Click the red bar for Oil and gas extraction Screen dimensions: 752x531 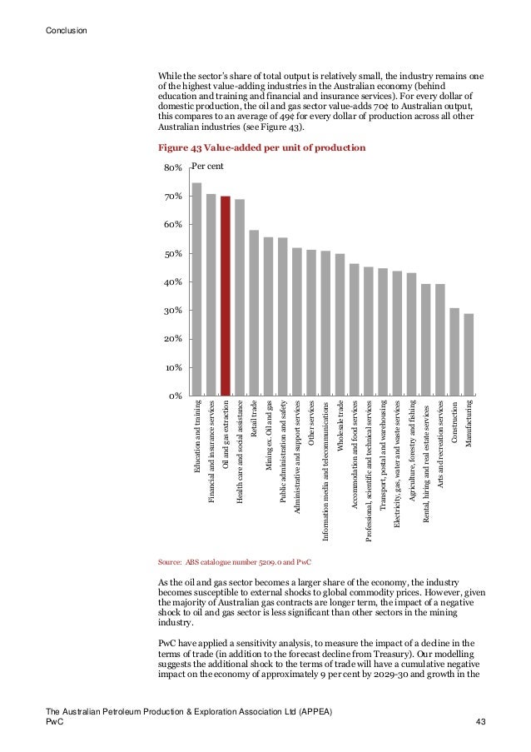tap(226, 296)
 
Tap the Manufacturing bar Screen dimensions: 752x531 tap(469, 354)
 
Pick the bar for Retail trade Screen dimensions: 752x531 tap(254, 312)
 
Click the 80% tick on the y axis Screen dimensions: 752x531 tap(172, 168)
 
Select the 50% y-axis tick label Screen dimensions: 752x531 tap(172, 254)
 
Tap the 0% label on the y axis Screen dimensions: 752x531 tap(175, 396)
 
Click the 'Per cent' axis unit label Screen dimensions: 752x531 tap(208, 167)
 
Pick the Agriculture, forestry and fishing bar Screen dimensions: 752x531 tap(411, 334)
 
